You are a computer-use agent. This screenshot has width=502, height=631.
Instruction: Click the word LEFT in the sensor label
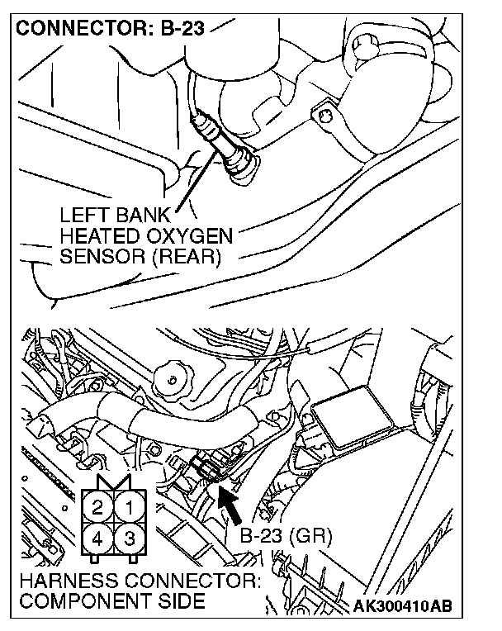[x=85, y=214]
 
